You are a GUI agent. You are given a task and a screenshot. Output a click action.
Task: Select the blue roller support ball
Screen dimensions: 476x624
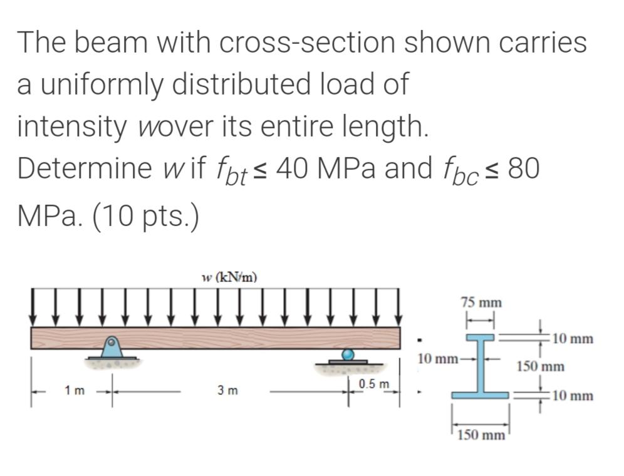point(348,355)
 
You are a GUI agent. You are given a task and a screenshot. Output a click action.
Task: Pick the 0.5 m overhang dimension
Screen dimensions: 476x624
point(374,383)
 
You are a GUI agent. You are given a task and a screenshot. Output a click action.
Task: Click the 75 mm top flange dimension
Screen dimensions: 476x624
point(481,303)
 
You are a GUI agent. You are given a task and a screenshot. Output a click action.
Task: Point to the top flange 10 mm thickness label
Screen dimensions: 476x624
point(573,339)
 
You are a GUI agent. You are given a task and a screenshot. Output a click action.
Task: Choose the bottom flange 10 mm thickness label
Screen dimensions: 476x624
point(573,395)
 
